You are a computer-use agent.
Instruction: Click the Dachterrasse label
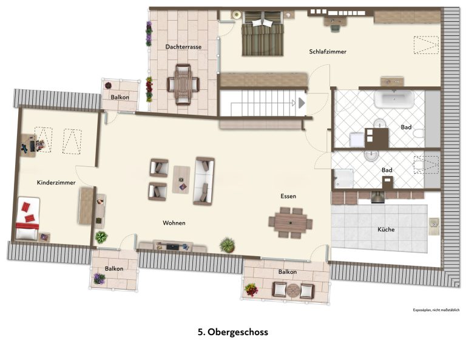click(x=183, y=47)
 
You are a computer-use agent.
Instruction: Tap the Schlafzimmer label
click(x=328, y=52)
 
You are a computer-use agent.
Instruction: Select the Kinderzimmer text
click(x=56, y=183)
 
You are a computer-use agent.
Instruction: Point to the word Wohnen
click(x=174, y=223)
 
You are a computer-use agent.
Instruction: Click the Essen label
click(x=288, y=196)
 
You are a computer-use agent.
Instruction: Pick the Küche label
click(x=386, y=229)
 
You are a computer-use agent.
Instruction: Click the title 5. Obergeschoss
click(x=233, y=331)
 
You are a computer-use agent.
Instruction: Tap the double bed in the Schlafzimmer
click(x=262, y=33)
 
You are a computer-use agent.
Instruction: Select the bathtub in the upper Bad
click(x=394, y=99)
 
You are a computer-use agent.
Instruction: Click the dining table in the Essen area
click(x=291, y=223)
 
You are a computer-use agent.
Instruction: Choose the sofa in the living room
click(x=204, y=181)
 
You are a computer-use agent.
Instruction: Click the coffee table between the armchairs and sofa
click(x=181, y=180)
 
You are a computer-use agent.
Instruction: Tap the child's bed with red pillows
click(x=27, y=218)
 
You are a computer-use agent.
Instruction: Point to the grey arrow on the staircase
click(x=302, y=103)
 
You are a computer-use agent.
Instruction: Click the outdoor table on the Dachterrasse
click(x=183, y=84)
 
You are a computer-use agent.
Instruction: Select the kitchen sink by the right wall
click(x=434, y=226)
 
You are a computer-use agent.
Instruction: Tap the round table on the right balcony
click(x=293, y=290)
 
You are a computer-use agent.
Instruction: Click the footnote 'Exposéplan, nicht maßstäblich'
click(x=436, y=310)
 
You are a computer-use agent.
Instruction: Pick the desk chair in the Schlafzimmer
click(x=336, y=28)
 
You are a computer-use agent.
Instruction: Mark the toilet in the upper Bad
click(x=419, y=134)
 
